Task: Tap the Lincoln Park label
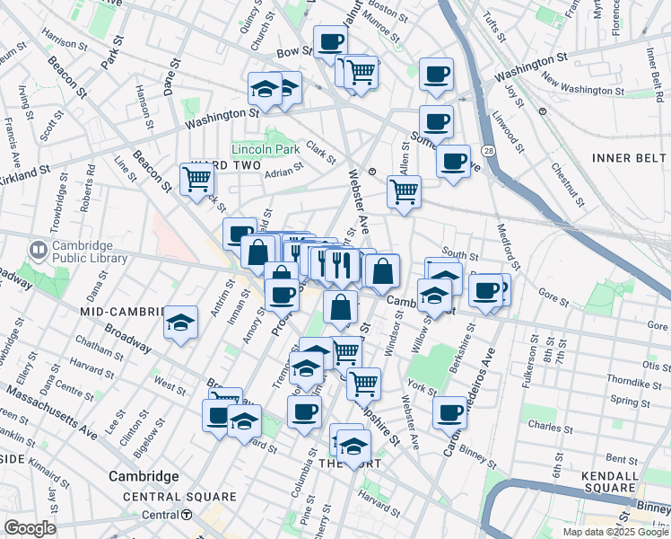265,148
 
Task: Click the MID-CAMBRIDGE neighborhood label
125,311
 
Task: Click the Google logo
29,528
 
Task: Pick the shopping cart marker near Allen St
404,190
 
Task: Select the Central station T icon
187,515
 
